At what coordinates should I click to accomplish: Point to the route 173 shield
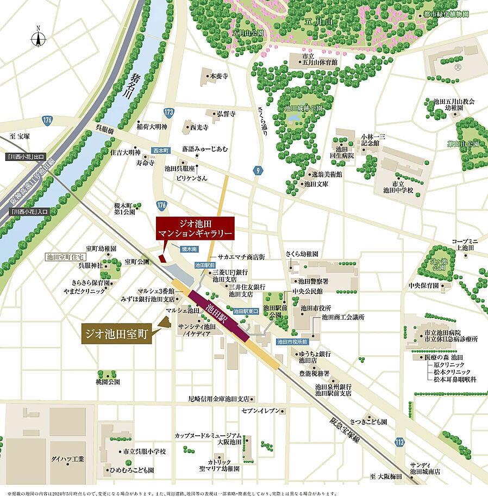(x=168, y=113)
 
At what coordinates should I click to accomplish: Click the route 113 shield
(x=399, y=441)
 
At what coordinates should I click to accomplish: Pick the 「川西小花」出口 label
(x=26, y=157)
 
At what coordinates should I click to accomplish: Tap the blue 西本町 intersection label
(x=161, y=150)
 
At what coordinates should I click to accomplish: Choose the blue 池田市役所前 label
(x=292, y=342)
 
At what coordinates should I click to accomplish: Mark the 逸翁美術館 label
(x=327, y=175)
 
